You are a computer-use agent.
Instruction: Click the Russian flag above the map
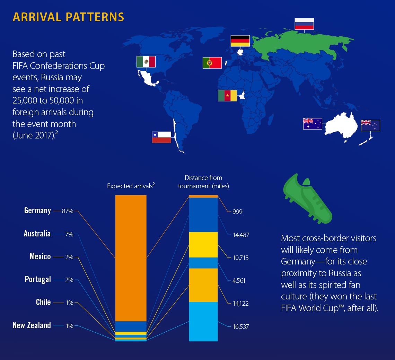pyautogui.click(x=304, y=24)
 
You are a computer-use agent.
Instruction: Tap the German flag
pyautogui.click(x=240, y=40)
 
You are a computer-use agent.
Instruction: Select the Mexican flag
pyautogui.click(x=146, y=62)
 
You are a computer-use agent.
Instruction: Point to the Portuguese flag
pyautogui.click(x=212, y=63)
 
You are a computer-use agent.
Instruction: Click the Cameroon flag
pyautogui.click(x=227, y=96)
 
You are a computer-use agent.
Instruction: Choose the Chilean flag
pyautogui.click(x=161, y=137)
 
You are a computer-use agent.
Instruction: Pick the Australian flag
pyautogui.click(x=313, y=124)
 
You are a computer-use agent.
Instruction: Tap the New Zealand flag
pyautogui.click(x=370, y=125)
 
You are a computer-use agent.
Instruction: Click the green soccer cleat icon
pyautogui.click(x=307, y=200)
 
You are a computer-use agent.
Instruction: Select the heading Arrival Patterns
pyautogui.click(x=68, y=17)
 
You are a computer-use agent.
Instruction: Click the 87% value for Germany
pyautogui.click(x=68, y=211)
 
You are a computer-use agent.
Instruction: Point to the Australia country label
pyautogui.click(x=37, y=234)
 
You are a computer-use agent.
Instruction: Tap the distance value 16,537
pyautogui.click(x=241, y=326)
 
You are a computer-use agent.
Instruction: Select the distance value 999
pyautogui.click(x=237, y=211)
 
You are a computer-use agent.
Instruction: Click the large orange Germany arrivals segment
pyautogui.click(x=131, y=258)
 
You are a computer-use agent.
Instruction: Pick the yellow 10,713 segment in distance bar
pyautogui.click(x=203, y=244)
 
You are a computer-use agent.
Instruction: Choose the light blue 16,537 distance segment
pyautogui.click(x=203, y=321)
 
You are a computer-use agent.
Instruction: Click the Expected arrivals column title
pyautogui.click(x=131, y=186)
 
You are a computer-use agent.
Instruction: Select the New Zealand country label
pyautogui.click(x=32, y=325)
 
